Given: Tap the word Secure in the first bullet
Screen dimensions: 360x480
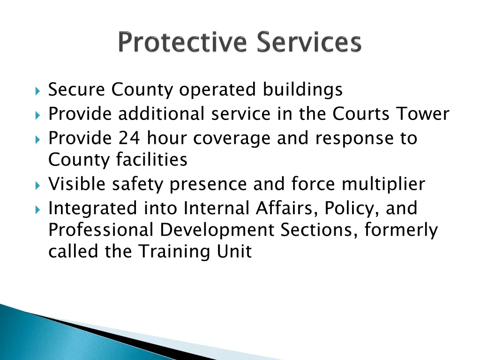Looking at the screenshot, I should pyautogui.click(x=77, y=89).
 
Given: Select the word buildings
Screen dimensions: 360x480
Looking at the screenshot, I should pyautogui.click(x=303, y=90).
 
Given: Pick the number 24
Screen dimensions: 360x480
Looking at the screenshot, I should pyautogui.click(x=129, y=138).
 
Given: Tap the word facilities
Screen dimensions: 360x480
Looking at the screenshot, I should pyautogui.click(x=151, y=160).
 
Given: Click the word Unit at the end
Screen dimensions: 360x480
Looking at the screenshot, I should pyautogui.click(x=236, y=252).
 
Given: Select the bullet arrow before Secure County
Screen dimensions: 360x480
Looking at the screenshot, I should pyautogui.click(x=38, y=90).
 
